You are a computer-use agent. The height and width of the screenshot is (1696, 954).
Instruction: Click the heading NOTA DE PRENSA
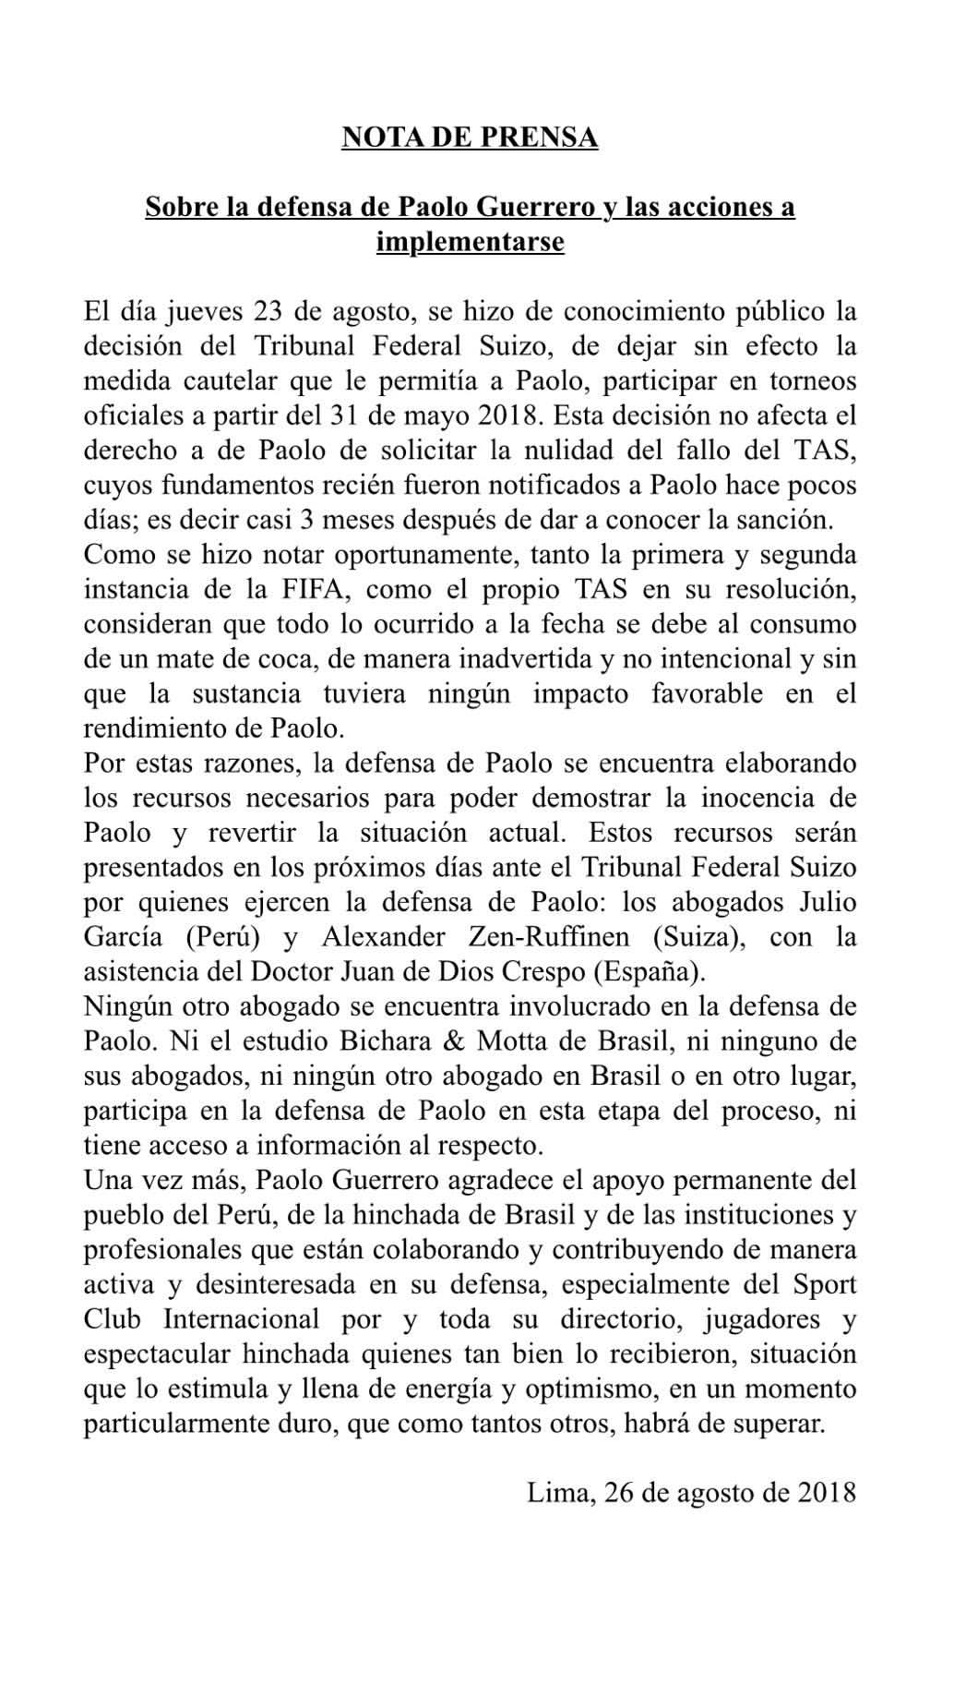pyautogui.click(x=470, y=138)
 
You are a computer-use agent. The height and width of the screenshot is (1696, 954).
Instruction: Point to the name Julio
pyautogui.click(x=827, y=902)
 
